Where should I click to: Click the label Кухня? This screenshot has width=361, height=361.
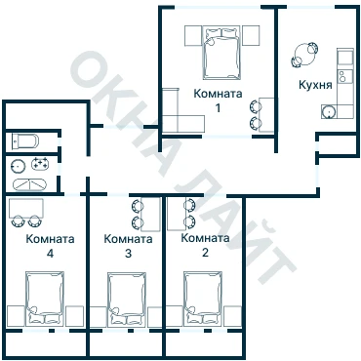315,85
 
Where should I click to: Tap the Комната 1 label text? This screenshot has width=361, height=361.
218,100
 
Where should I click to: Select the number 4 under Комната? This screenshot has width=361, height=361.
50,254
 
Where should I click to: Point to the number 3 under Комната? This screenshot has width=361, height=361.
128,254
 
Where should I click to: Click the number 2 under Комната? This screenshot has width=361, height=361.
205,253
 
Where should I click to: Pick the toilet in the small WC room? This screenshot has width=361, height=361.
25,141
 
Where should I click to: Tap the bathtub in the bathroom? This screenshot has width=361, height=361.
29,184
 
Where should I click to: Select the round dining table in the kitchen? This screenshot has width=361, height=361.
304,56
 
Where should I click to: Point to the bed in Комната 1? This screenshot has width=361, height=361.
222,53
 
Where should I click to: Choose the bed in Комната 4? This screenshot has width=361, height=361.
45,298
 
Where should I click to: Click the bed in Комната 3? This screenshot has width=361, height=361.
127,299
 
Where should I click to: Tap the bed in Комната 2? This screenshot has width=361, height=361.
203,299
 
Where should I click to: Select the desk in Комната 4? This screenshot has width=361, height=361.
26,209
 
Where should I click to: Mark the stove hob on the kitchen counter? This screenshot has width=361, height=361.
345,77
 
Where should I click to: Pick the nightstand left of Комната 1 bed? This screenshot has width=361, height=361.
193,36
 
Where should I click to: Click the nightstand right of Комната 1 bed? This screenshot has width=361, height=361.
251,36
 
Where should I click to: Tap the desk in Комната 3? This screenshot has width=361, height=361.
151,214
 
